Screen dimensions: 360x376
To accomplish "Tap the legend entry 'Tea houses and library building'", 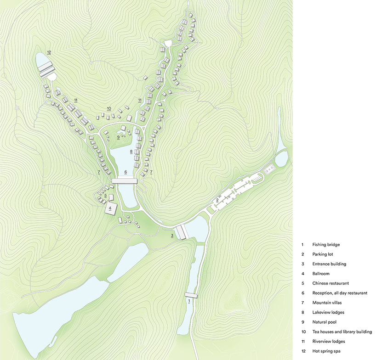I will click(x=342, y=332).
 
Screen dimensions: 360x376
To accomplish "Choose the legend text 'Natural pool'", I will click(x=325, y=322).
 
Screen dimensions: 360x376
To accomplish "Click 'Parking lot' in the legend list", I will click(x=323, y=254).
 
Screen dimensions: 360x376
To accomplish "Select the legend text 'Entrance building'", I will click(x=329, y=264).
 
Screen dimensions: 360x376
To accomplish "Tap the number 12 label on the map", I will click(x=49, y=52).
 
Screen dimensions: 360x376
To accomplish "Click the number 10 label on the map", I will click(x=109, y=108).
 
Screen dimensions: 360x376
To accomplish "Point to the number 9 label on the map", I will click(x=118, y=136).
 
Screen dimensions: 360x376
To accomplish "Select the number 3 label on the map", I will click(x=172, y=236).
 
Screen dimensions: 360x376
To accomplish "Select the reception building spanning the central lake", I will click(x=125, y=181).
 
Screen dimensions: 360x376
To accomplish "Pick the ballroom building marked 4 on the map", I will click(x=111, y=208).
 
